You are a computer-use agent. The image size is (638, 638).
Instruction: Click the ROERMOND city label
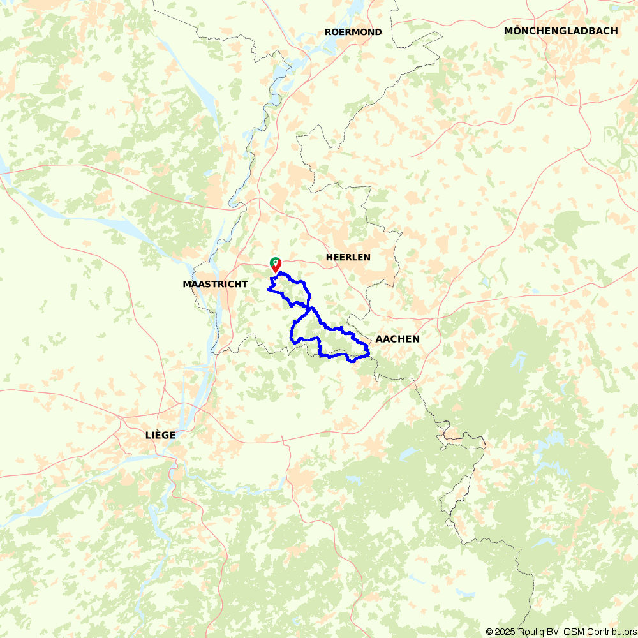(x=353, y=32)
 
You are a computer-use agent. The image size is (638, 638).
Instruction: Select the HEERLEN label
(x=348, y=257)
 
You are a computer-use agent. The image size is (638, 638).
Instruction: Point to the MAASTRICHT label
(x=215, y=284)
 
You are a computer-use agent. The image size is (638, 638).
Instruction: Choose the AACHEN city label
(x=397, y=339)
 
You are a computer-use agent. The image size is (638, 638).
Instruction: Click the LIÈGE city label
(x=160, y=435)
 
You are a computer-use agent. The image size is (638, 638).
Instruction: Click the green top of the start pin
(x=274, y=262)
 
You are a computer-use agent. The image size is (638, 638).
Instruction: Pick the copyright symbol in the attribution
(x=489, y=632)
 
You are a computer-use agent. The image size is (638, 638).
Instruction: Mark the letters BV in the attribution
(x=554, y=632)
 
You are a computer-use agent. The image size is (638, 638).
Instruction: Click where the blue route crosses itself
(x=309, y=311)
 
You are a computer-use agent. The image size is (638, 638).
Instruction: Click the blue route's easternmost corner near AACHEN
(x=369, y=353)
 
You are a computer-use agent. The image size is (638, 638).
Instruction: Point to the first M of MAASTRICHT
(x=186, y=284)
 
